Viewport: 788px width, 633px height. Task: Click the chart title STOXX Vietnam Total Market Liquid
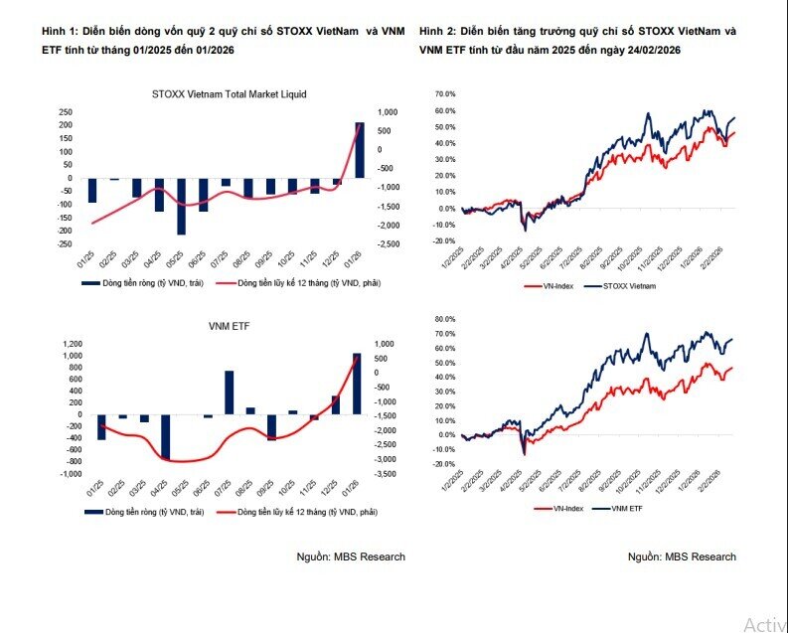click(230, 94)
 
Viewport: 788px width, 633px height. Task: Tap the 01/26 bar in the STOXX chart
click(359, 150)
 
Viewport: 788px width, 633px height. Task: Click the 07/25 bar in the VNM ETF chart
click(229, 393)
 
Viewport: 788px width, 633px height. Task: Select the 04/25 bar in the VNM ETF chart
click(165, 437)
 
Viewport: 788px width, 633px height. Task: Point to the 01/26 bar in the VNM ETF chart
click(357, 384)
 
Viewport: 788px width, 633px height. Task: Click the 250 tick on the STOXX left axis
click(66, 112)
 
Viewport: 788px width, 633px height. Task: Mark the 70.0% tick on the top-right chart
click(444, 93)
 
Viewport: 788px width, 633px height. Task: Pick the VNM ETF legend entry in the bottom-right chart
click(626, 509)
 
